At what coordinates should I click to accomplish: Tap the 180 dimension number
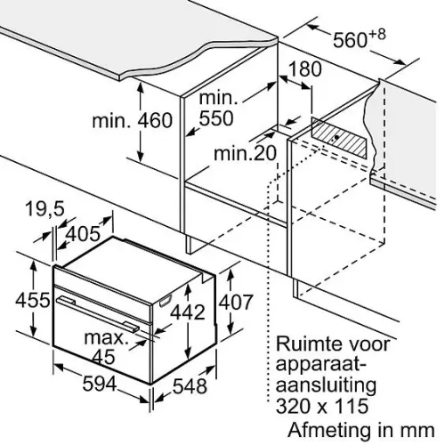point(304,69)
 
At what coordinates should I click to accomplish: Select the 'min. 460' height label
point(133,121)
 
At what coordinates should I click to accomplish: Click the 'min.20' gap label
point(245,153)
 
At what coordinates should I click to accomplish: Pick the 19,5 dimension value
point(44,209)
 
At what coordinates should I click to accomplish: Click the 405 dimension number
point(83,233)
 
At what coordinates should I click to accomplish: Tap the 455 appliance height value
point(33,300)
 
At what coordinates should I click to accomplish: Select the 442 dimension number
point(187,311)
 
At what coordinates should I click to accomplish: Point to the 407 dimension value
point(236,302)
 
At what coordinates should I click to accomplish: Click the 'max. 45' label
point(105,347)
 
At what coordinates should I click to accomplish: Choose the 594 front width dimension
point(100,384)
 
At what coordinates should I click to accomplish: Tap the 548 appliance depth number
point(190,386)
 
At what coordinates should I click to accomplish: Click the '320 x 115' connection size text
point(322,406)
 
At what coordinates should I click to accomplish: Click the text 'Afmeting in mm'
point(361,430)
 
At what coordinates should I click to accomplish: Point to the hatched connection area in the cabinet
point(339,137)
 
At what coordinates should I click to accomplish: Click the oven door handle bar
point(98,313)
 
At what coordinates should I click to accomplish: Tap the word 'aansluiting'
point(327,384)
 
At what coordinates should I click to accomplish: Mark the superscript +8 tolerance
point(377,35)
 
